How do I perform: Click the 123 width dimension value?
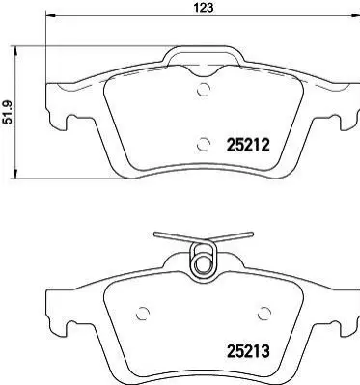coord(203,8)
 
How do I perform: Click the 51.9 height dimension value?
coord(7,112)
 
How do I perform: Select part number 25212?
coord(248,146)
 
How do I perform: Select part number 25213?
coord(248,350)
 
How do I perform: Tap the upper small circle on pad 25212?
coord(204,89)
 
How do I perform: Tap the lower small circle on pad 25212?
coord(204,144)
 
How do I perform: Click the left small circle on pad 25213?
coord(143,313)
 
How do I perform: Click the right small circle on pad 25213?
coord(264,313)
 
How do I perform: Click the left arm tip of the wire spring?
coord(155,234)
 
